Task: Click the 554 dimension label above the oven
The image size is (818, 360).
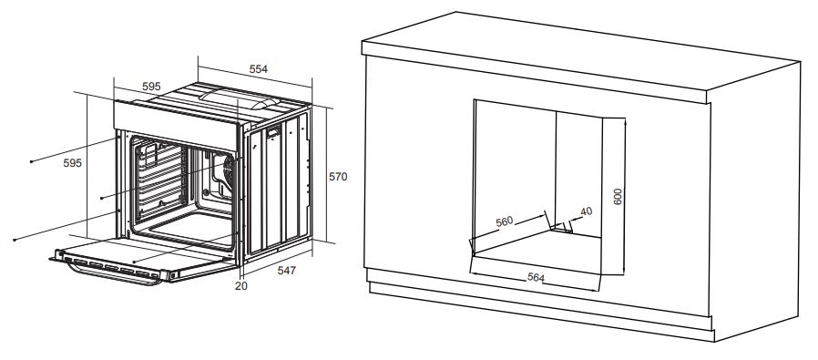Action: pyautogui.click(x=258, y=69)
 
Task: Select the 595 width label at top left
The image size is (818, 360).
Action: pyautogui.click(x=151, y=87)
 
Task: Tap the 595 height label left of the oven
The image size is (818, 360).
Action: pyautogui.click(x=73, y=163)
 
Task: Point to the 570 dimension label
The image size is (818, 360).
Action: pyautogui.click(x=338, y=177)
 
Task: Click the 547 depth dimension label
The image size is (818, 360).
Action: pyautogui.click(x=286, y=271)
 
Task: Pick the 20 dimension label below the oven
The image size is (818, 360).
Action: pyautogui.click(x=241, y=286)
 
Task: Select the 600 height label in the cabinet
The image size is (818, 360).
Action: pyautogui.click(x=618, y=196)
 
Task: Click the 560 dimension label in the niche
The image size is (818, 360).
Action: pyautogui.click(x=505, y=221)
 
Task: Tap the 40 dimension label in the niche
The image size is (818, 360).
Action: pyautogui.click(x=587, y=211)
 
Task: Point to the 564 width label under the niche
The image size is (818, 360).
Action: pyautogui.click(x=536, y=277)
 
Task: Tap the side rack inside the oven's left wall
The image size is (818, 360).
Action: pyautogui.click(x=160, y=180)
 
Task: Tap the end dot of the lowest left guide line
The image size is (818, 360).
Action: pyautogui.click(x=15, y=240)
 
